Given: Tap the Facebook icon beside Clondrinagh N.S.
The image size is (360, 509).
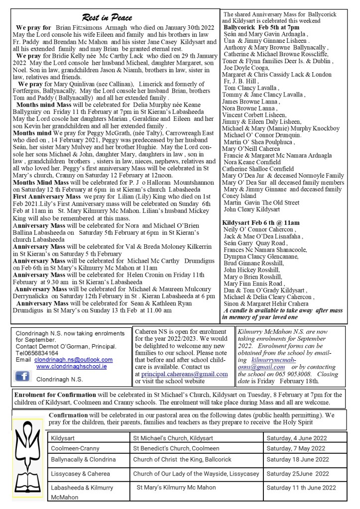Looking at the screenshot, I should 22,377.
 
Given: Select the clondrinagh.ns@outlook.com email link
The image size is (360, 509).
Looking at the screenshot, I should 74,359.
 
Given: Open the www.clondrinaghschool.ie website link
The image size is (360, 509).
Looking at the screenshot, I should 78,366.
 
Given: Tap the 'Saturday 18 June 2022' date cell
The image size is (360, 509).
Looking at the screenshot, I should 298,459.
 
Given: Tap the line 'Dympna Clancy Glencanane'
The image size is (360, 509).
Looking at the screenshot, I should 259,257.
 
